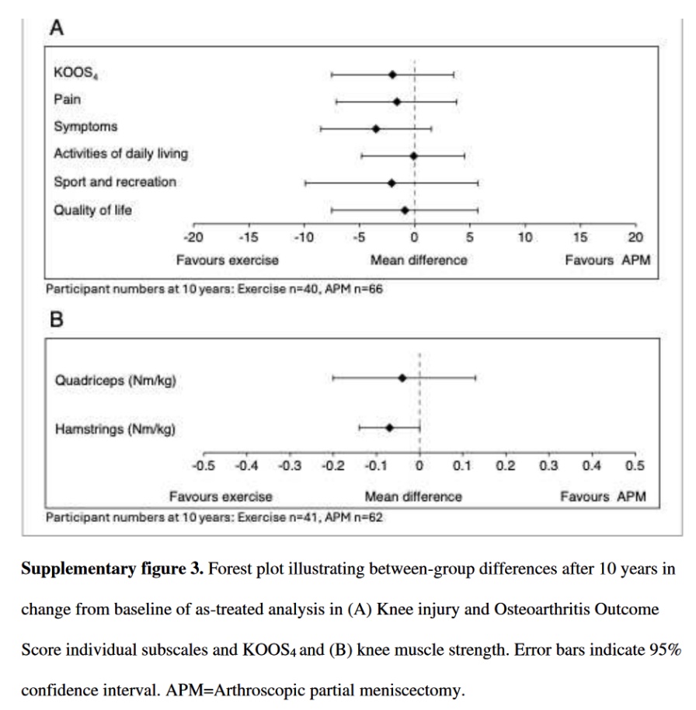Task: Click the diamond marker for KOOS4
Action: (x=392, y=75)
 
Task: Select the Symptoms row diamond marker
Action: (x=376, y=128)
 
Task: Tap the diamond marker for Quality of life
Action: (x=405, y=210)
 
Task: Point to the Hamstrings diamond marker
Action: (x=389, y=427)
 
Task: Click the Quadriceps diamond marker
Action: (x=402, y=378)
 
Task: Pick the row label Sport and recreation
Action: (x=115, y=183)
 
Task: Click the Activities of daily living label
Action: (x=120, y=154)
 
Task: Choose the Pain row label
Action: (x=67, y=100)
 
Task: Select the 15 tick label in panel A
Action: (x=580, y=238)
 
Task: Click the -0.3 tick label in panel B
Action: (x=290, y=466)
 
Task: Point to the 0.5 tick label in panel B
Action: (x=635, y=466)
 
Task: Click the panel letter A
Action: (x=57, y=29)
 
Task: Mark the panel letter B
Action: (x=56, y=319)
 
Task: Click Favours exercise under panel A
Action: (x=227, y=260)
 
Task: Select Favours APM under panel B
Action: (x=603, y=496)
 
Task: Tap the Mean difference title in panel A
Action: (x=419, y=260)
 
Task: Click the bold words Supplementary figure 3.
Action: (x=112, y=569)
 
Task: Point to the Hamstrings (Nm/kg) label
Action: (x=115, y=428)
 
